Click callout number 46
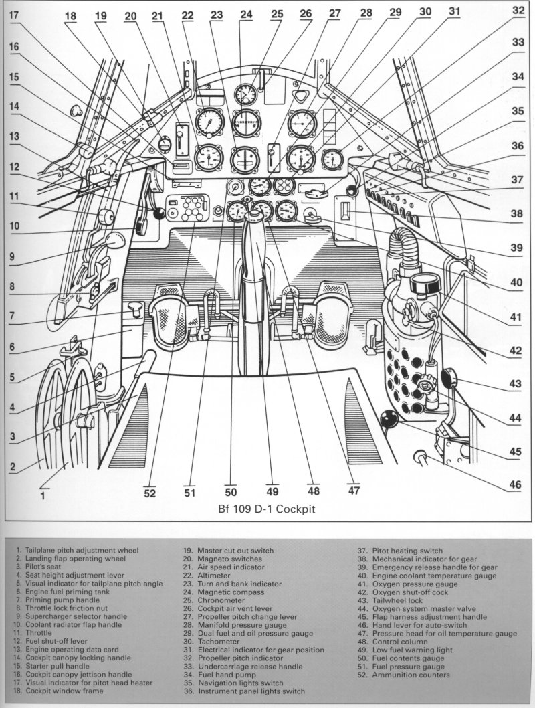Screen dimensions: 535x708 [515, 485]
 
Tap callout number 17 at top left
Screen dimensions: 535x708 [14, 15]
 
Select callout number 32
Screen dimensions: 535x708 [518, 10]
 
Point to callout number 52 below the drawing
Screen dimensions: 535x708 [150, 493]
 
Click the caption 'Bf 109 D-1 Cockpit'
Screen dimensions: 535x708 [267, 509]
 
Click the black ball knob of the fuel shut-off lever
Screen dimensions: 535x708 [158, 214]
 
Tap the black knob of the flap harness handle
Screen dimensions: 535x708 [389, 420]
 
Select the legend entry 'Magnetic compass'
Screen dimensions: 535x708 [231, 592]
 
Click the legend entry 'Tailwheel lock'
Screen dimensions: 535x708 [397, 600]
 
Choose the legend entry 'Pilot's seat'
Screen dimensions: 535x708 [43, 567]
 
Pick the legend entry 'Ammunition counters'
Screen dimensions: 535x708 [411, 675]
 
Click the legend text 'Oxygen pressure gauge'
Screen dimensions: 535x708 [415, 584]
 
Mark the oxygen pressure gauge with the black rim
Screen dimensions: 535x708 [425, 284]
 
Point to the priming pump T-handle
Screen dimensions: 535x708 [135, 309]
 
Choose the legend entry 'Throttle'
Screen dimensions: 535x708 [38, 633]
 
